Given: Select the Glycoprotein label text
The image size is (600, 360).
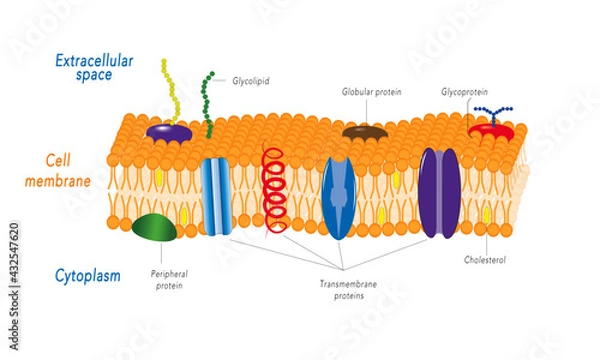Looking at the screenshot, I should [464, 91].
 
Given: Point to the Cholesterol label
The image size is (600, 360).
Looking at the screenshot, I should [485, 260].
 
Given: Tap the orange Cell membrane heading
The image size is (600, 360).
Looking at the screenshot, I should [81, 171].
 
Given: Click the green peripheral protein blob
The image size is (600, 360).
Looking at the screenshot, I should [155, 228].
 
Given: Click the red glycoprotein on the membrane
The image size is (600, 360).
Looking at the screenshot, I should [491, 131].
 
